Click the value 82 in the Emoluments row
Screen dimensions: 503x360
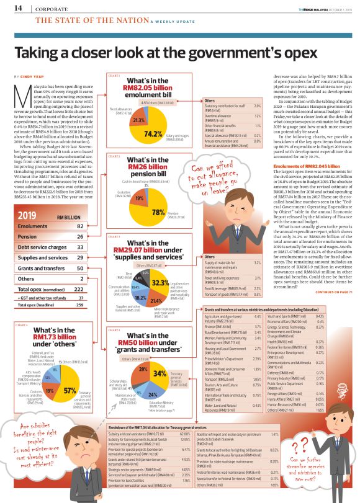[80, 227]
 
